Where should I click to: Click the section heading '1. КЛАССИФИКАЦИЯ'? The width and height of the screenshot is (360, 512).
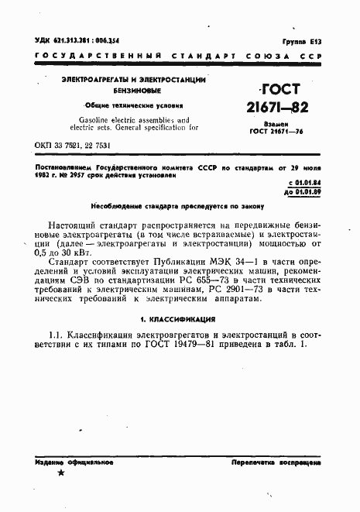click(179, 318)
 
